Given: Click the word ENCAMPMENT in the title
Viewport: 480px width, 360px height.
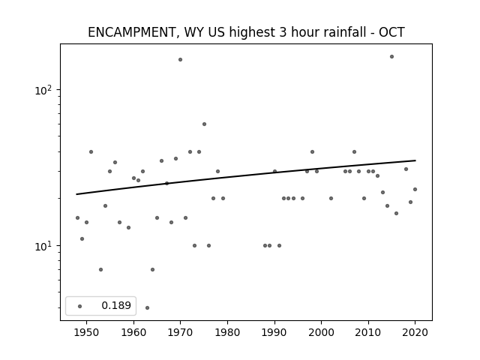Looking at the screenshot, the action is pos(132,32).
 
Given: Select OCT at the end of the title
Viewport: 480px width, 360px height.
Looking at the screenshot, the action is pos(391,32).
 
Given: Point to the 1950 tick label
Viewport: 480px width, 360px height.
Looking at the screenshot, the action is pos(86,332).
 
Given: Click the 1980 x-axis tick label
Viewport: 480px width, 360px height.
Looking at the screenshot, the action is pos(227,332).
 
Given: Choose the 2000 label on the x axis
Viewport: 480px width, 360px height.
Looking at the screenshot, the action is pos(322,332).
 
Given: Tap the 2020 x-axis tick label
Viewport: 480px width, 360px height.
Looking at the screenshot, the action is pos(415,332).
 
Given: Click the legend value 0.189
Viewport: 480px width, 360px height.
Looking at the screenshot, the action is pos(116,305).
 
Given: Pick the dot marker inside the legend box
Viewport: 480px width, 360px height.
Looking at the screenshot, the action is pos(80,306).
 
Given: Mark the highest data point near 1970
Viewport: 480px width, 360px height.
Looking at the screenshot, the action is pos(180,60).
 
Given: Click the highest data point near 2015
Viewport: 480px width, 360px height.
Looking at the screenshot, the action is pos(391,57).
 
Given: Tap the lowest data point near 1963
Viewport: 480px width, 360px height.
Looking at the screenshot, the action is pos(147,307).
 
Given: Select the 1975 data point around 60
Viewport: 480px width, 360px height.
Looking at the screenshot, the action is pos(204,124).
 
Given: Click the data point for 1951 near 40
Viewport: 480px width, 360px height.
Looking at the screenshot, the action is pos(91,151).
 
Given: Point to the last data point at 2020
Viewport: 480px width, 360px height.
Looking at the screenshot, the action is pos(415,190).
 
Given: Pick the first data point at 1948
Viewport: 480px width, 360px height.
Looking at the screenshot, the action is pos(77,218).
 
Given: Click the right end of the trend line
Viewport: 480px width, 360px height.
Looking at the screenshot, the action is pos(415,160).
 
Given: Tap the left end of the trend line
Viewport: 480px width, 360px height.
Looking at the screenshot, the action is pos(76,194).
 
